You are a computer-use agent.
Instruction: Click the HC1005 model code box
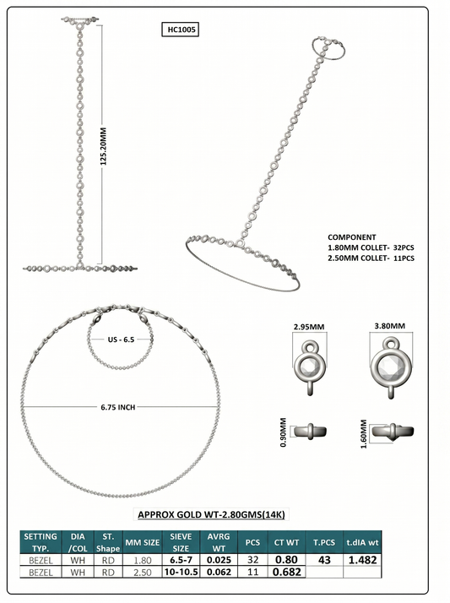[180, 30]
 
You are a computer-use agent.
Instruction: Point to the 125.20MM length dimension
[103, 146]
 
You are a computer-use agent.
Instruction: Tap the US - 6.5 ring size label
[121, 340]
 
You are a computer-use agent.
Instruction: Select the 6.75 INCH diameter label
[118, 407]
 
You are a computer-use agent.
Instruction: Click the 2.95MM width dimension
[309, 327]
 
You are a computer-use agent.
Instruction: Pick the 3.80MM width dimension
[390, 326]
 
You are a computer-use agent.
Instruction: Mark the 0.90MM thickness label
[284, 432]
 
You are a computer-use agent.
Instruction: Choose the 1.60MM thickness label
[364, 434]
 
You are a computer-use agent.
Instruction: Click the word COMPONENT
[351, 237]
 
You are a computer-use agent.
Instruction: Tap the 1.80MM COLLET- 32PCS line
[371, 247]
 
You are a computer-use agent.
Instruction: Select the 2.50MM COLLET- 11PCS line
[371, 258]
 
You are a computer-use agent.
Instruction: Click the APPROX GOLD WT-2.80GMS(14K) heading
[211, 514]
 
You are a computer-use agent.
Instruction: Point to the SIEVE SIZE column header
[181, 542]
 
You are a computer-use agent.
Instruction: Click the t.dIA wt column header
[362, 542]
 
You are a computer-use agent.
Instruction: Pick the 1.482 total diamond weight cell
[362, 560]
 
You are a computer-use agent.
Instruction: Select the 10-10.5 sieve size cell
[181, 573]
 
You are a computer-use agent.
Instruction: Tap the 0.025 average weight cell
[219, 560]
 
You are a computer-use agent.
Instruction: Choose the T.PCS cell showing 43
[325, 560]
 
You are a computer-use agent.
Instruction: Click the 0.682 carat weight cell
[287, 573]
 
